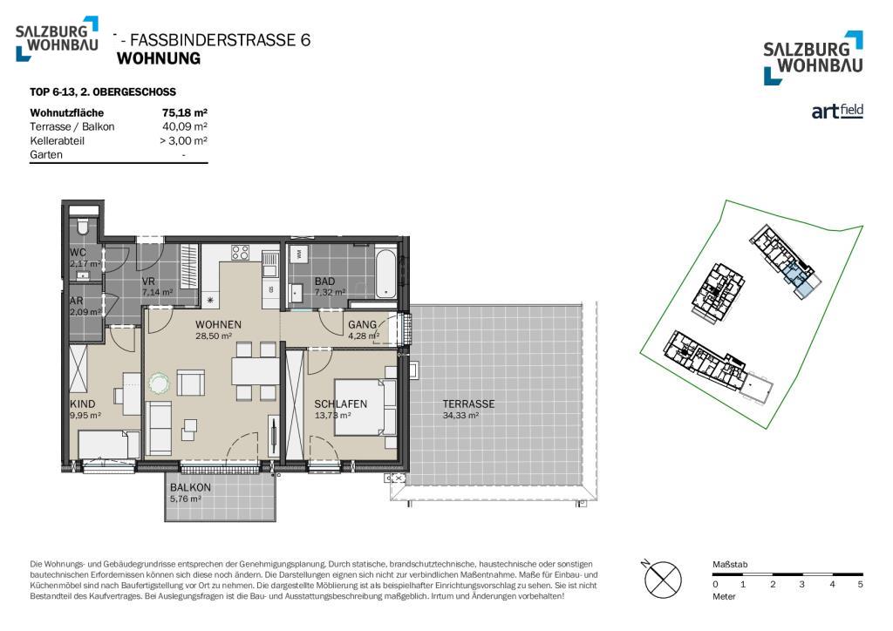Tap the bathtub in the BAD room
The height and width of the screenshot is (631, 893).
pos(385,273)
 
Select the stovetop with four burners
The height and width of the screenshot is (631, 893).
pos(240,252)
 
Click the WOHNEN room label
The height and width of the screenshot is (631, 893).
pos(218,324)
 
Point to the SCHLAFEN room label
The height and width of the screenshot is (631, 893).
pos(341,404)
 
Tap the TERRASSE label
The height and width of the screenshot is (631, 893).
pos(468,404)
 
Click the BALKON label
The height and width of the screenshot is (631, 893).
pos(190,487)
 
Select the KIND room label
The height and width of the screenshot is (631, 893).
pos(83,404)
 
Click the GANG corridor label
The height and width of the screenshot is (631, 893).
pos(362,325)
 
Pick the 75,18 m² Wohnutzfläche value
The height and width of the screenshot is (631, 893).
pos(185,112)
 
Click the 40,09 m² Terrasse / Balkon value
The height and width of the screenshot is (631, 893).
pos(185,126)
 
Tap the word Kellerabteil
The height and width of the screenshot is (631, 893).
pos(57,140)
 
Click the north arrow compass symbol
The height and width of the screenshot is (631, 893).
pos(663,580)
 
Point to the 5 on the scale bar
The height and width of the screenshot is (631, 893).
pos(860,584)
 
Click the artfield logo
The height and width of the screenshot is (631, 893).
pos(837,111)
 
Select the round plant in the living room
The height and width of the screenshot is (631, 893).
pos(159,383)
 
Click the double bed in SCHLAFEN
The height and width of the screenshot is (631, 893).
pos(365,407)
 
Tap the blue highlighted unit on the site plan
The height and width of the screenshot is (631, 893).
pos(797,281)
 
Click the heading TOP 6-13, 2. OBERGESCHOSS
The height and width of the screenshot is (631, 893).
pos(103,92)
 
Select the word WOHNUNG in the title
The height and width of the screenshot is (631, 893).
pos(159,58)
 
